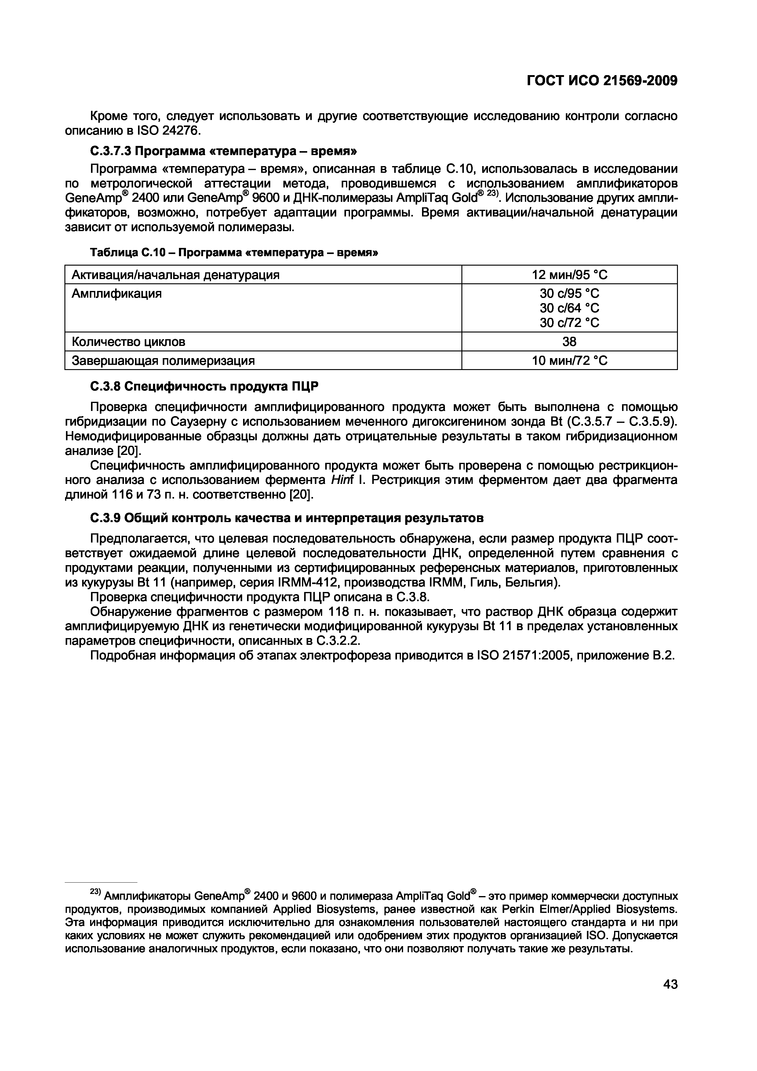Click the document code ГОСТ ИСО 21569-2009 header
[602, 81]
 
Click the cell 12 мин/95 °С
[570, 275]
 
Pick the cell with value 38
[570, 342]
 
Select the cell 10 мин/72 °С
[570, 361]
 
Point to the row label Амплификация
[117, 294]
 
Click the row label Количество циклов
[128, 342]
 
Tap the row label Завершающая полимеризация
[163, 361]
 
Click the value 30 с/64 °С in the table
[570, 308]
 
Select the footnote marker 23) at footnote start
[95, 891]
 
